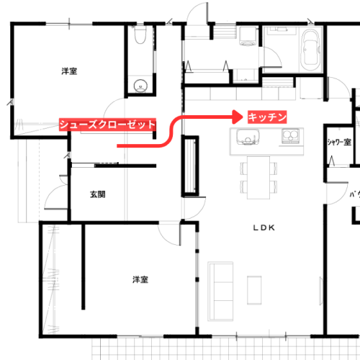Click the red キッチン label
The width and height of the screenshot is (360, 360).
pos(267,117)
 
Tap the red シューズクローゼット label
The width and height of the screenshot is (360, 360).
pos(107,125)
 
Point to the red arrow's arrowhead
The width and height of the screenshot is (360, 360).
pos(238,117)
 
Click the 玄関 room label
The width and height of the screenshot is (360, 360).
pos(98,194)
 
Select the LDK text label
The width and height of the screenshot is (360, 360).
pos(264,228)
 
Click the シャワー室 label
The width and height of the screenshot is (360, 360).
pos(339,142)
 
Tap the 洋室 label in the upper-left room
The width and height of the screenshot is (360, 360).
pos(69,71)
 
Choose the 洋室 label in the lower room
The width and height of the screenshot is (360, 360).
pos(140,279)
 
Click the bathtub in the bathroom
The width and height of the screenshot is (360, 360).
pos(311,50)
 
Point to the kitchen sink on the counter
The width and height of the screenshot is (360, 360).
pos(248,137)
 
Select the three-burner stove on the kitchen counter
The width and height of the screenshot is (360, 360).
pos(290,136)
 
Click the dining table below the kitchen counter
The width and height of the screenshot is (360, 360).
pos(258,178)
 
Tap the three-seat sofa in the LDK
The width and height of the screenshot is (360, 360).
pos(220,291)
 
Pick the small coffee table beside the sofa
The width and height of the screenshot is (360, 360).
pos(254,290)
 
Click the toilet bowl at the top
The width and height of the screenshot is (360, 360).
pos(140,35)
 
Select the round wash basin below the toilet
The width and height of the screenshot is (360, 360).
pos(140,86)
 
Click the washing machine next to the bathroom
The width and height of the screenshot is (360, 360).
pos(248,36)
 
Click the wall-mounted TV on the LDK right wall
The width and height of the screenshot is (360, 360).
pos(320,291)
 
